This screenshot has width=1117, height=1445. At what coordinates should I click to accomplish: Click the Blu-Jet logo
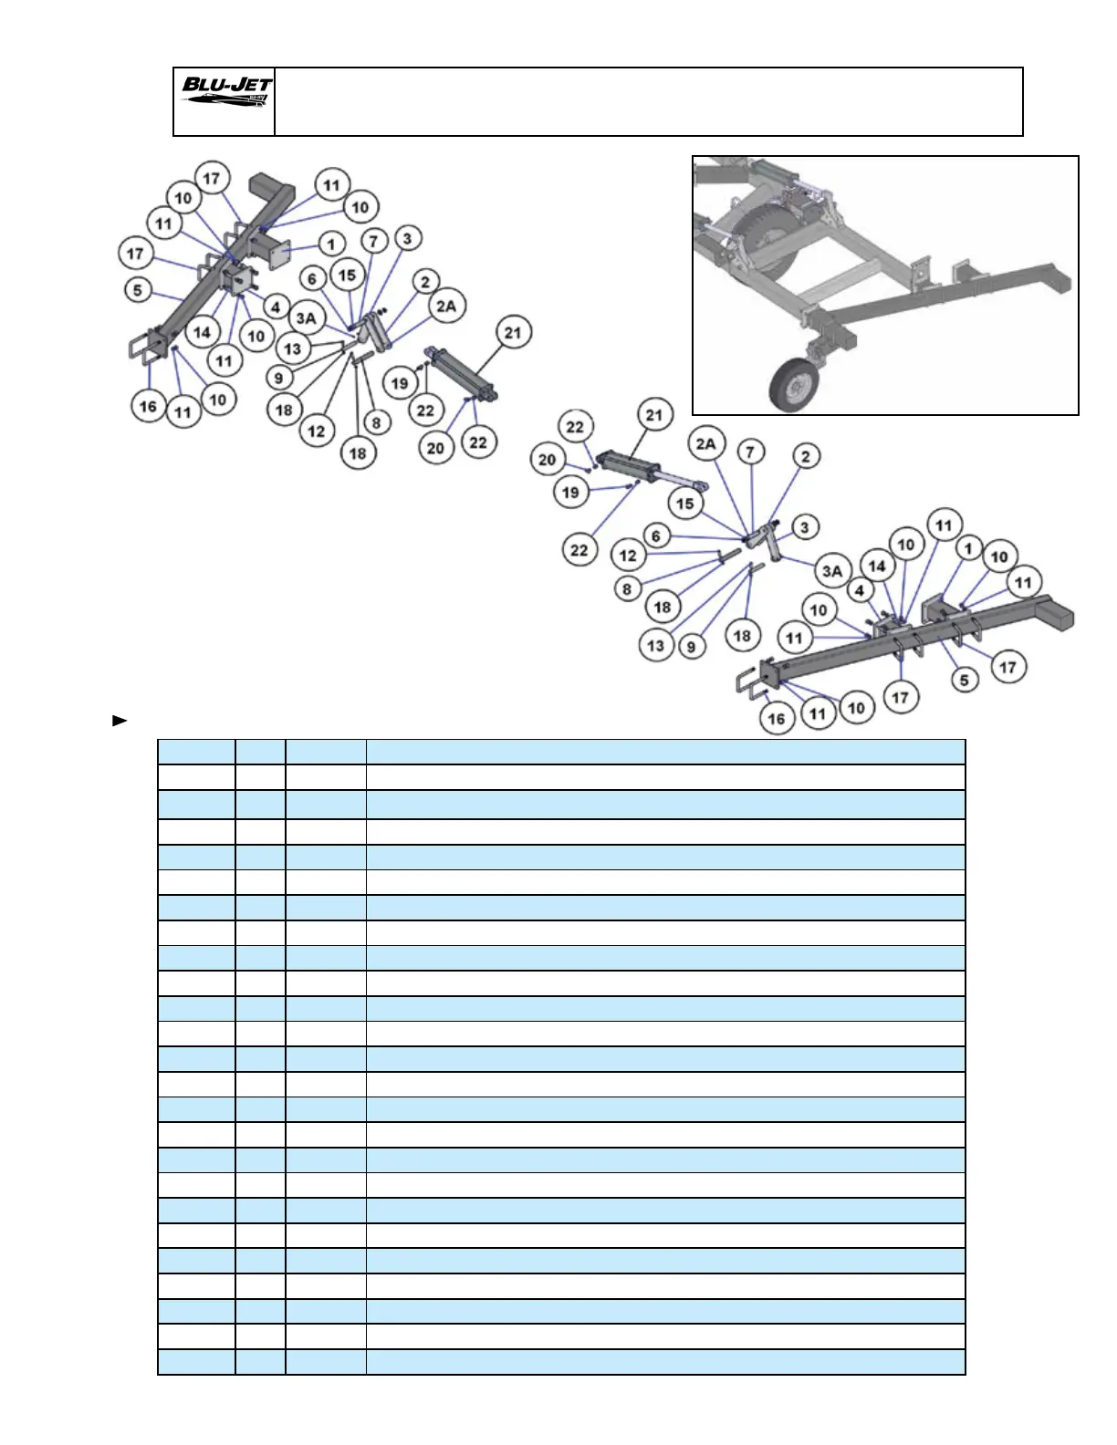click(225, 92)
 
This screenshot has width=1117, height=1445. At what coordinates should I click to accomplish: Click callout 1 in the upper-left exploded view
click(331, 244)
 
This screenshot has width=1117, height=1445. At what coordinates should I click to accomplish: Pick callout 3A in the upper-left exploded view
click(306, 318)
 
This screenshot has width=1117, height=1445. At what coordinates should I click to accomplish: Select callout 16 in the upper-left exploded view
click(148, 407)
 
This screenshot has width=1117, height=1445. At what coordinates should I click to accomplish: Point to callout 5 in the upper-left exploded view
click(137, 290)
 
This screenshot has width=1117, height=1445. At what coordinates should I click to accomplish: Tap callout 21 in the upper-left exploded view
click(513, 333)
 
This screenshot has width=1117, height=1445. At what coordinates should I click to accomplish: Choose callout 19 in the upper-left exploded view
click(400, 383)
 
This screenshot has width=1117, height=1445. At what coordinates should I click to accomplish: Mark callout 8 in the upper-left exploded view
click(376, 422)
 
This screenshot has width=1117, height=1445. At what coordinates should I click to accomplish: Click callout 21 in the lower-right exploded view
click(654, 416)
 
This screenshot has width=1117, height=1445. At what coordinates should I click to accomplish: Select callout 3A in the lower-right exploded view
click(832, 571)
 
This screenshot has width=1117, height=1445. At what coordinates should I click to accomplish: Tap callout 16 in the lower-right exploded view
click(777, 719)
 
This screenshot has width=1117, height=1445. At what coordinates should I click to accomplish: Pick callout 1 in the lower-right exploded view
click(969, 549)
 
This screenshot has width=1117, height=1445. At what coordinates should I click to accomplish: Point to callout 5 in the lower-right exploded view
click(965, 679)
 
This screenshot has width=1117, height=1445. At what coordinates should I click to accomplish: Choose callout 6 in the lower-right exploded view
click(656, 536)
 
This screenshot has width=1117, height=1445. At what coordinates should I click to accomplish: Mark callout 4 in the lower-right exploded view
click(859, 590)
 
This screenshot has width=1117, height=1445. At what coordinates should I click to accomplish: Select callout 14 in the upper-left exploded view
click(202, 333)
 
